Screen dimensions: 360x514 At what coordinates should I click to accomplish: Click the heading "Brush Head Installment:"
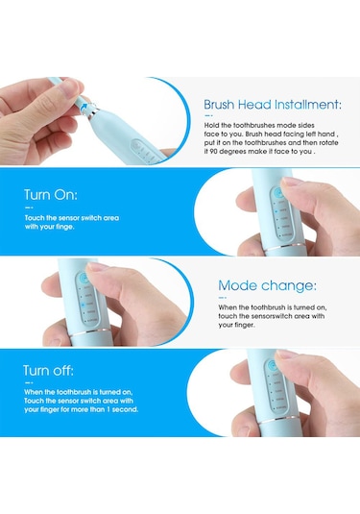tap(273, 105)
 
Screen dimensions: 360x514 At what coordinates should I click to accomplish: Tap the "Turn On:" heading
tap(51, 195)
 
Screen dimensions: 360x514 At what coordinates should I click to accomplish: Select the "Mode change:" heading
tap(267, 285)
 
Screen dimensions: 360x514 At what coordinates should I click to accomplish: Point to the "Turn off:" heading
tap(49, 371)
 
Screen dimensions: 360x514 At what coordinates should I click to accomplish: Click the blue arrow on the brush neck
tap(84, 107)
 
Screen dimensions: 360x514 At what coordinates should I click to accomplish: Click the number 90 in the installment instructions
tap(214, 152)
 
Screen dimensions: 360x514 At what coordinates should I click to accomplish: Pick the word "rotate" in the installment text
tap(329, 142)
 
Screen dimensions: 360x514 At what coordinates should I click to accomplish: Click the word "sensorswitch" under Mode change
tap(273, 316)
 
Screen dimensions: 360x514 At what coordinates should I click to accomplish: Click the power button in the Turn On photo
tap(278, 193)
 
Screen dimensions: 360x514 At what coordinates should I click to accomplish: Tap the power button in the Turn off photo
tap(273, 365)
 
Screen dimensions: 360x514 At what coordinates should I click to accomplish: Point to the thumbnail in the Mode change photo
tap(97, 266)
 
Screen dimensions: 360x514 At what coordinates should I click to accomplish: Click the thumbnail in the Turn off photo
tap(286, 354)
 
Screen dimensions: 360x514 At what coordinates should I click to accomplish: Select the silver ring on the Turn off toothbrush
tap(279, 420)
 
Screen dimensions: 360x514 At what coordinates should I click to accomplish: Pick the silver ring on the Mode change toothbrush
tap(89, 332)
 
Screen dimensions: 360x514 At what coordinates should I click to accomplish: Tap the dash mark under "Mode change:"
tap(223, 298)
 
